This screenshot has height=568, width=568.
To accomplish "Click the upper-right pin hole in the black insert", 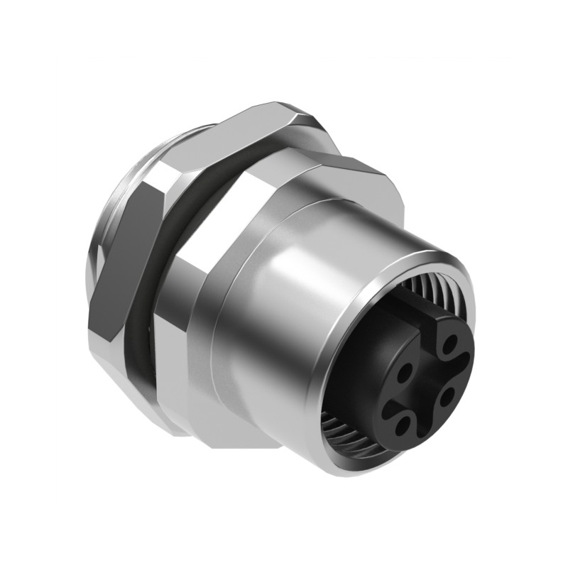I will [449, 345].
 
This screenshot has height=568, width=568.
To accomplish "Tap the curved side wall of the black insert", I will [362, 376].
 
